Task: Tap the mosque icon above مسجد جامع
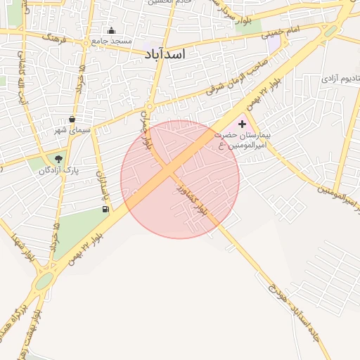[x=111, y=30]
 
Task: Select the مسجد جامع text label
[x=112, y=41]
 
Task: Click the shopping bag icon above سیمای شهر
[x=72, y=119]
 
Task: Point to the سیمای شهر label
[x=72, y=130]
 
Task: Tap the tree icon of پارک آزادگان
[x=58, y=159]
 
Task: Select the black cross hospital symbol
[x=243, y=124]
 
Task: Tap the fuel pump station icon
[x=105, y=208]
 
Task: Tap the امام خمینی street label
[x=281, y=32]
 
